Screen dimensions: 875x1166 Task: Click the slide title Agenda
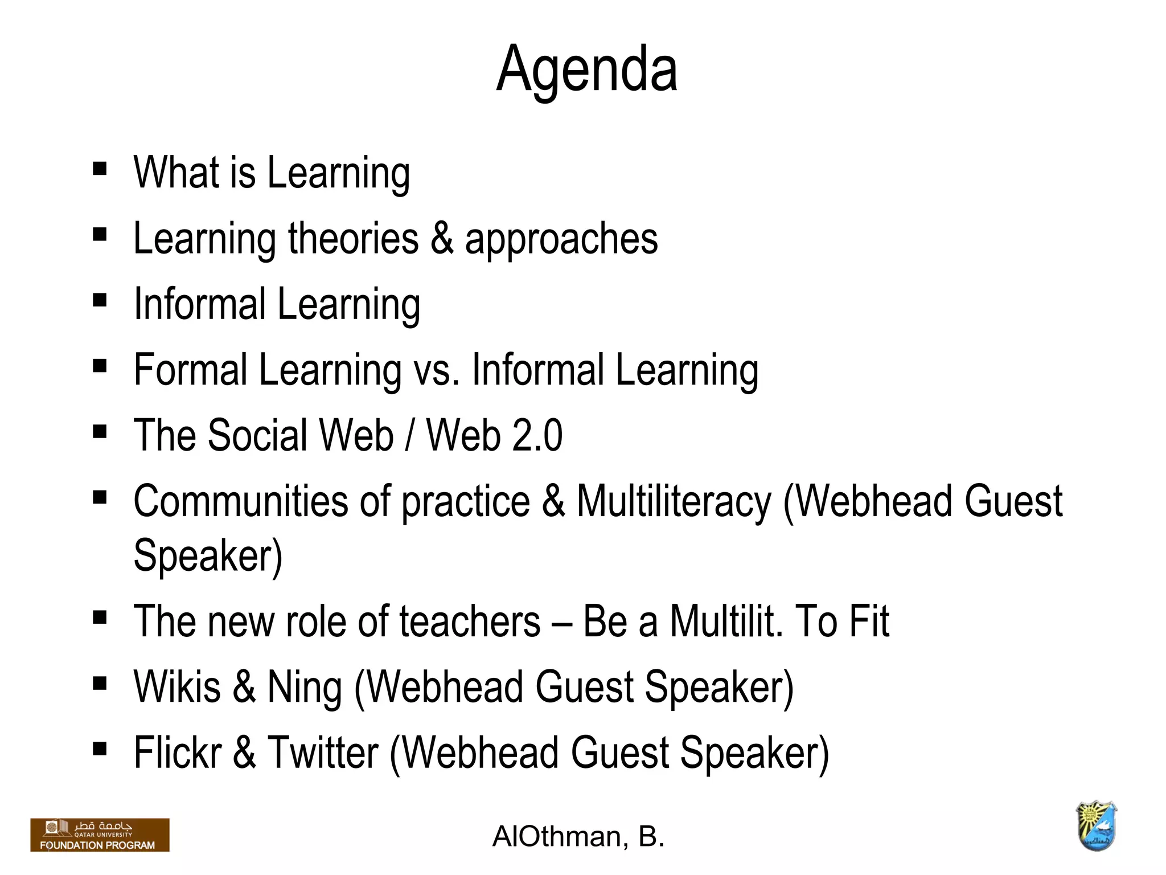(586, 69)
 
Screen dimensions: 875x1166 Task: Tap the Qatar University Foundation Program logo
(100, 835)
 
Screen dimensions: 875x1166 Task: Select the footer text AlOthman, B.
(578, 836)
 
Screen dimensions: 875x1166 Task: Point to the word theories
(353, 238)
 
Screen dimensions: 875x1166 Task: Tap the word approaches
(561, 239)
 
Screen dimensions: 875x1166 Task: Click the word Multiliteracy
(674, 501)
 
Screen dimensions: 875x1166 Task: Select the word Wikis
(177, 687)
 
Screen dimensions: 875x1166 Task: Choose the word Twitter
(323, 753)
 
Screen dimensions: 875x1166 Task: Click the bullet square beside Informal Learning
(100, 300)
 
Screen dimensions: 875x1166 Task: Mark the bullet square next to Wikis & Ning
(100, 683)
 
